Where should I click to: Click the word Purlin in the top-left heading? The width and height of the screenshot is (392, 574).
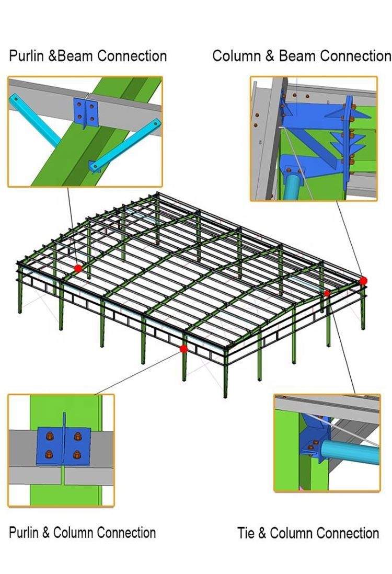click(26, 56)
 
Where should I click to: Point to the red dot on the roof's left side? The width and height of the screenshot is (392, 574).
click(77, 268)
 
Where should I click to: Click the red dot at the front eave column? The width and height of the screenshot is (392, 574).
click(184, 349)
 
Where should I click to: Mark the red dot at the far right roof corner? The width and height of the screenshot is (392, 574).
click(363, 281)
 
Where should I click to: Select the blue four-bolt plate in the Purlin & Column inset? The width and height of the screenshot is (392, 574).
click(63, 446)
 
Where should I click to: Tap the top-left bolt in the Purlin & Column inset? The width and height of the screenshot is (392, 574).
click(49, 437)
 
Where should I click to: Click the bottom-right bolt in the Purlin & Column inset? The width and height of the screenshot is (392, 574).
click(76, 455)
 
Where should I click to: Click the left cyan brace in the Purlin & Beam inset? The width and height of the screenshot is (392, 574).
click(36, 120)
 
